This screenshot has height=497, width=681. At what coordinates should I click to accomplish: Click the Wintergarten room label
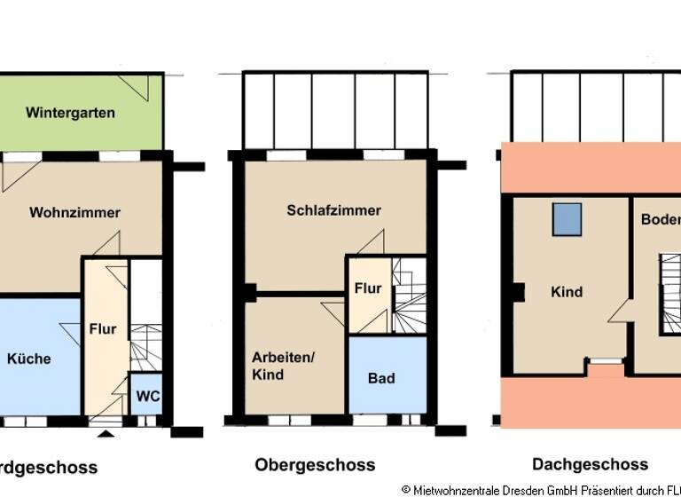[70, 113]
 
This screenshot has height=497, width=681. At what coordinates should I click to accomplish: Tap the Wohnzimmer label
[74, 212]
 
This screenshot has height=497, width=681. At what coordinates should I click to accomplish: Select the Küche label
[28, 359]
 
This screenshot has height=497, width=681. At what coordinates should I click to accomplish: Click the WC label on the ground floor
[148, 396]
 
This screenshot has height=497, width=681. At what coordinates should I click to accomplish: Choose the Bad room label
[381, 378]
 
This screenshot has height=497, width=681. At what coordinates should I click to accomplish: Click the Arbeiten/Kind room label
[283, 366]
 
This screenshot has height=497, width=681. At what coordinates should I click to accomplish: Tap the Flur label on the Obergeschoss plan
[367, 288]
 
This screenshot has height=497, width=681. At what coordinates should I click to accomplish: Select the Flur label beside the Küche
[103, 329]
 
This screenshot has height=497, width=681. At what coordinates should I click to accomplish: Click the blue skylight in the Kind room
[563, 217]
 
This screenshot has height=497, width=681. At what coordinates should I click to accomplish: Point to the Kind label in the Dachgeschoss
[566, 292]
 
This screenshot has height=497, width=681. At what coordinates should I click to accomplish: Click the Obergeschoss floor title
[315, 464]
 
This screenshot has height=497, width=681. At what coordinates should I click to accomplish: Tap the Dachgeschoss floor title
[590, 464]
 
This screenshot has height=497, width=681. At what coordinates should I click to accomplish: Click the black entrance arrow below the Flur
[106, 432]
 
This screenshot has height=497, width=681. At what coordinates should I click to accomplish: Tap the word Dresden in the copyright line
[528, 489]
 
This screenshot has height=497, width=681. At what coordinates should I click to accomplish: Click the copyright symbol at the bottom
[406, 489]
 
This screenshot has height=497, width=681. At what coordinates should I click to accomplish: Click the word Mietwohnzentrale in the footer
[460, 489]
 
